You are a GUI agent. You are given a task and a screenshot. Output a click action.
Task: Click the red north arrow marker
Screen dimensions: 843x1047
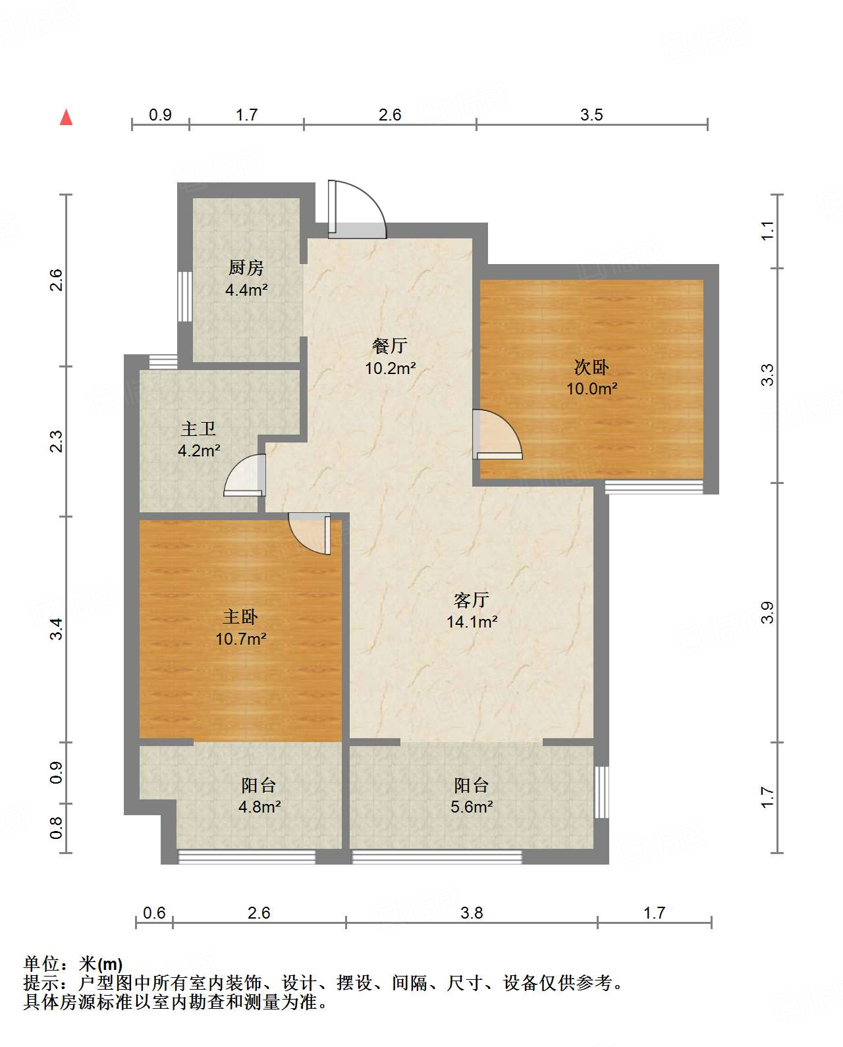(x=67, y=117)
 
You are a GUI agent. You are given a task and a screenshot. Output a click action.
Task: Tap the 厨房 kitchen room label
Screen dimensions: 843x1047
(x=246, y=267)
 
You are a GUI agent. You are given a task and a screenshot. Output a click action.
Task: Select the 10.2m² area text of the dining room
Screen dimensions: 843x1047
(x=391, y=368)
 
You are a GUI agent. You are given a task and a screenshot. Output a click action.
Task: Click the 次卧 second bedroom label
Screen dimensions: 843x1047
(x=591, y=367)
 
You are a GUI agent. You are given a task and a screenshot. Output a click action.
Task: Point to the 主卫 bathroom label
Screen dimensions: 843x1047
(x=198, y=429)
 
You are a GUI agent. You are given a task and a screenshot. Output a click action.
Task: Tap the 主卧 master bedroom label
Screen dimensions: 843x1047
(x=240, y=617)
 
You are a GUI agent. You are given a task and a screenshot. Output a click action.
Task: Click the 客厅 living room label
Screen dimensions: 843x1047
(x=471, y=600)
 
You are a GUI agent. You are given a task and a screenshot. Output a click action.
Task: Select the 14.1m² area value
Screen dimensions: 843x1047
(x=472, y=622)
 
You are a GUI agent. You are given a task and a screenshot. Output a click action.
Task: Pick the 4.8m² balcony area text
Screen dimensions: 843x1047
(x=259, y=807)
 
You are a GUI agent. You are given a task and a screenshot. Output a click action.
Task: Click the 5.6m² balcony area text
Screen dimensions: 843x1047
(x=472, y=807)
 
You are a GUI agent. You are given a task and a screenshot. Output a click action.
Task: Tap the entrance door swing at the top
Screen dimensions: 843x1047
(x=357, y=209)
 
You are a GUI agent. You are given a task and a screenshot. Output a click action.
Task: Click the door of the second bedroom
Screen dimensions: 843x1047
(x=497, y=435)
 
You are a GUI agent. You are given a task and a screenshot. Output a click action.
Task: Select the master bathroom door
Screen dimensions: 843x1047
(x=245, y=475)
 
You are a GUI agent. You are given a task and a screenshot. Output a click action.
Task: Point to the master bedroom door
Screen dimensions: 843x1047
(x=310, y=534)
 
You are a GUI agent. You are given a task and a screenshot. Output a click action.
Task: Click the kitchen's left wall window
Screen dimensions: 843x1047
(x=184, y=296)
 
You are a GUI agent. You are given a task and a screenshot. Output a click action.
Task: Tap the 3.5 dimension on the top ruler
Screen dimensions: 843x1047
(x=591, y=115)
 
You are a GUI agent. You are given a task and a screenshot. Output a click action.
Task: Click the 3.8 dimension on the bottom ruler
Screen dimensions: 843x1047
(x=472, y=913)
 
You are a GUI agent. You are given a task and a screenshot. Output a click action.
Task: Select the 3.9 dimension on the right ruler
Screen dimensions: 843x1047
(x=767, y=612)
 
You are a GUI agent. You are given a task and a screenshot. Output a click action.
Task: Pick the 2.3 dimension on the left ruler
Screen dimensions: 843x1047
(x=56, y=441)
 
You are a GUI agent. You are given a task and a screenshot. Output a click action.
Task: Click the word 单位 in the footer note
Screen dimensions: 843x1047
(x=42, y=964)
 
